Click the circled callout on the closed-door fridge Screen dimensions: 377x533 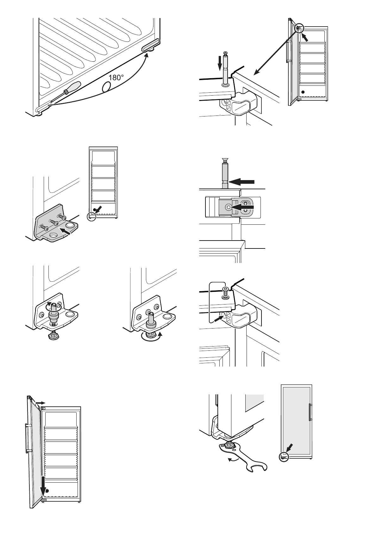(x=284, y=456)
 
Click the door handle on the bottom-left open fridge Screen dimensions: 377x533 (x=28, y=438)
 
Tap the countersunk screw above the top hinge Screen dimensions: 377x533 (x=225, y=291)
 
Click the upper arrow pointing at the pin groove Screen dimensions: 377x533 (x=242, y=182)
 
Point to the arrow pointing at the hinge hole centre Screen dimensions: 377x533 (x=242, y=207)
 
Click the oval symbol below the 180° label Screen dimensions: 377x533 (x=107, y=86)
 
